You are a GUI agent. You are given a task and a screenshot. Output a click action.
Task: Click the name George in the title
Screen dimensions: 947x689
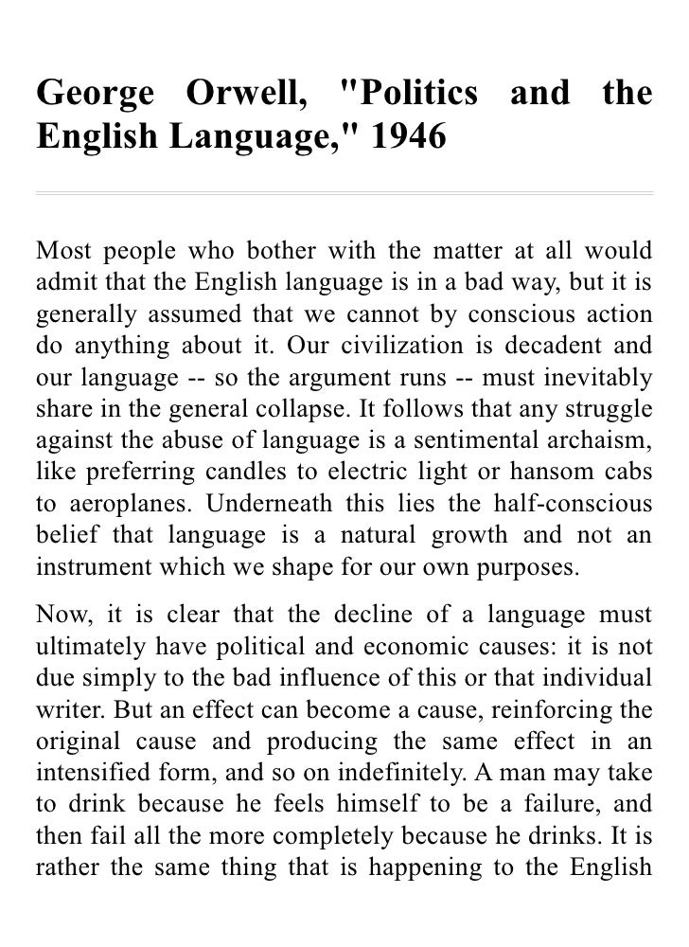tap(93, 95)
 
